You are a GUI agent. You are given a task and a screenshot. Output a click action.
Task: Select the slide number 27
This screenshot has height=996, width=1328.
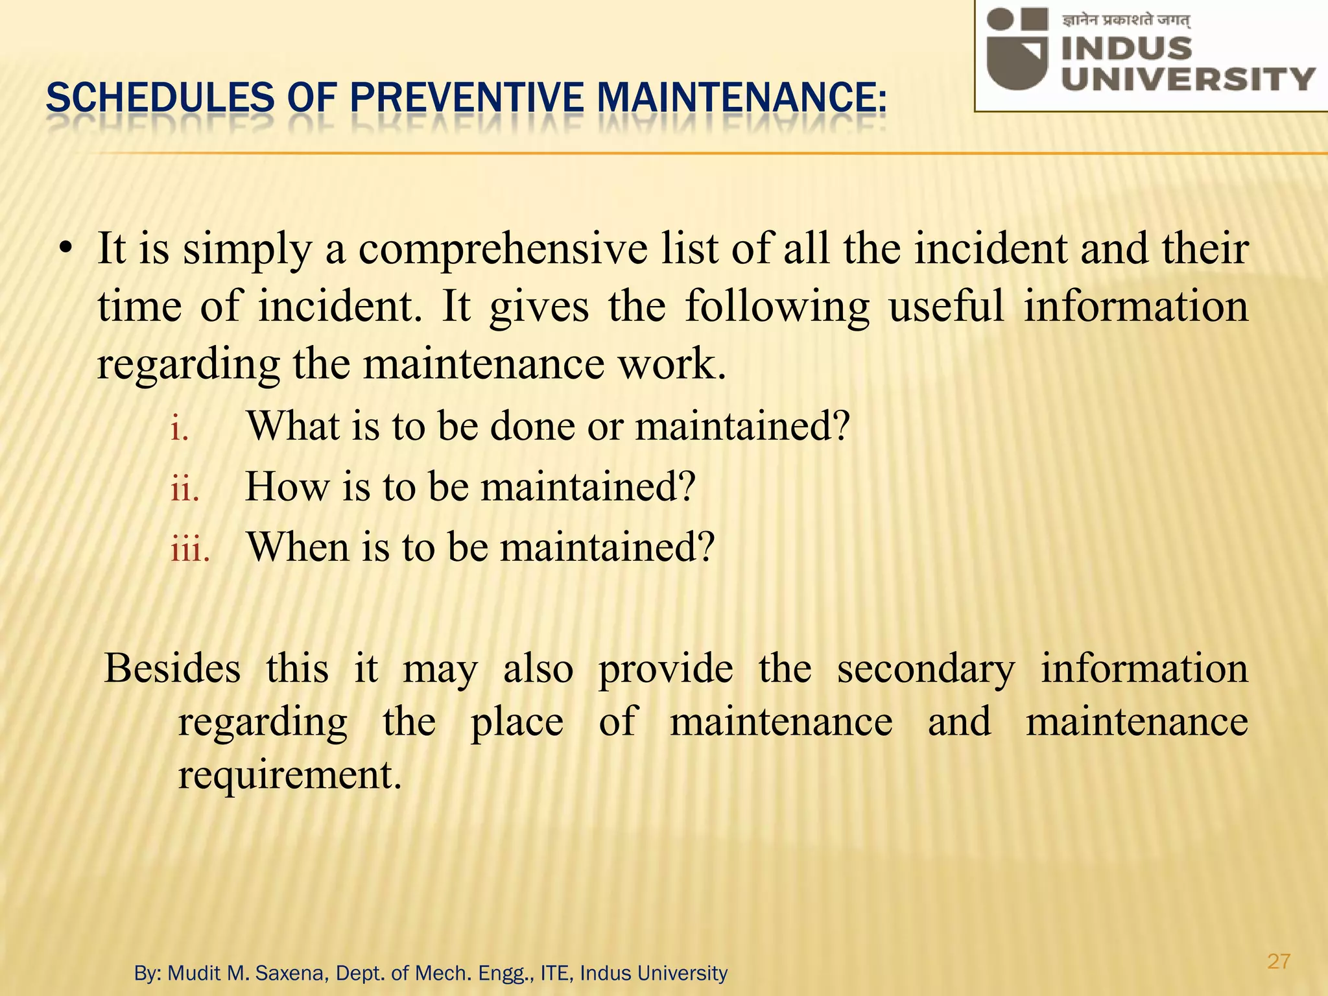coord(1278,961)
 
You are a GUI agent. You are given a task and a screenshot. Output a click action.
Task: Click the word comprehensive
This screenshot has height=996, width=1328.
coord(503,250)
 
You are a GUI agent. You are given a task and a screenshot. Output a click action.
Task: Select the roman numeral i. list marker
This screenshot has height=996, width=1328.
coord(180,430)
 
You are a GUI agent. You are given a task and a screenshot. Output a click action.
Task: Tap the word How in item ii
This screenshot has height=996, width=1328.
coord(286,486)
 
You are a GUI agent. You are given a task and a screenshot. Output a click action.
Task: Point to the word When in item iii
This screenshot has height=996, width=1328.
coord(298,547)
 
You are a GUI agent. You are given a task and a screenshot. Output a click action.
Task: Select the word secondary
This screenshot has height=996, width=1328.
coord(926,669)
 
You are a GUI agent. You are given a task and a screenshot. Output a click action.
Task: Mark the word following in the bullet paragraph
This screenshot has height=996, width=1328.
coord(777,307)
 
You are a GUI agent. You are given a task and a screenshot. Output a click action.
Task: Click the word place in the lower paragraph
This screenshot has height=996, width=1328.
coord(516,722)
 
